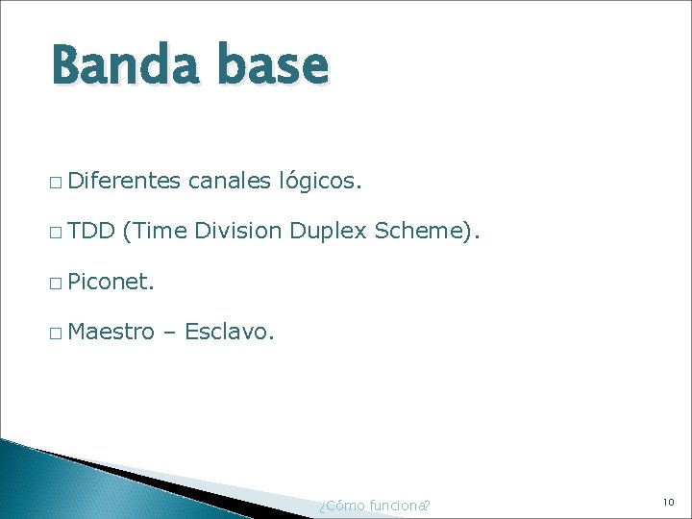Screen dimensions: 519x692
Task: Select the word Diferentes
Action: (x=125, y=179)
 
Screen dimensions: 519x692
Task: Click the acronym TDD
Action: (x=92, y=231)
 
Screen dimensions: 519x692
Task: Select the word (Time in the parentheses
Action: (x=155, y=231)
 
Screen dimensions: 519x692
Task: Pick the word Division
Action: (x=237, y=231)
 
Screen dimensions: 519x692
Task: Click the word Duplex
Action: (x=328, y=232)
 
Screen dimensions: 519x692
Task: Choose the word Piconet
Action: (x=111, y=282)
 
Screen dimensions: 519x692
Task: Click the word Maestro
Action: (x=111, y=333)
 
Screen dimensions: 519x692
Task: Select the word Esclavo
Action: (x=229, y=333)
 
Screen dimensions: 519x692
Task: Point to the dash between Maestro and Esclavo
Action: (x=169, y=334)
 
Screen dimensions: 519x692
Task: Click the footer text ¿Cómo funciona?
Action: (x=374, y=506)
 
